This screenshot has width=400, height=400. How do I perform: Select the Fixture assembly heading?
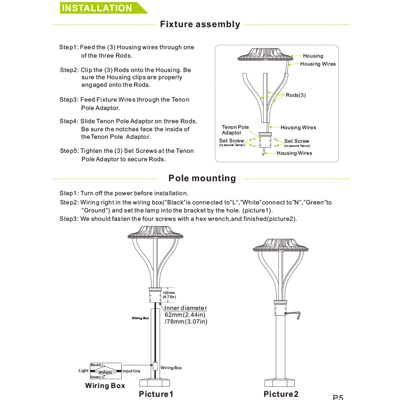point(200,24)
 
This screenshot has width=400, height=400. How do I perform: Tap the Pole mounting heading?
point(202,178)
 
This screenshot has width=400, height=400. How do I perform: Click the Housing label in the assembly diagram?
point(313,56)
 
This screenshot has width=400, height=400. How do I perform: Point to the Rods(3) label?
point(296,95)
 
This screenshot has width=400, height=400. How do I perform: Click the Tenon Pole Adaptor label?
point(235,130)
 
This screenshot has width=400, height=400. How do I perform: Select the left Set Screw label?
point(232,141)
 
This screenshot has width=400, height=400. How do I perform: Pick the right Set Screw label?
point(297,141)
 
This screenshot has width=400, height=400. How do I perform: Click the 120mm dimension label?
point(169,293)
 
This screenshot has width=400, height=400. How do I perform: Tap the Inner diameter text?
point(186,308)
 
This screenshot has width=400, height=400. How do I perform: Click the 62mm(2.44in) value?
point(185,315)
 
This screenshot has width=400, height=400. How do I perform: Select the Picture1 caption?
point(156,394)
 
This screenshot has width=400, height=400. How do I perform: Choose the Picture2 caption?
point(281,394)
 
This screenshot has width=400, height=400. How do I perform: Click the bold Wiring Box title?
point(105,386)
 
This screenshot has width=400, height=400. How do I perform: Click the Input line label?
point(131,371)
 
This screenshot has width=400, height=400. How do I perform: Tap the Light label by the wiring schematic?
point(84,371)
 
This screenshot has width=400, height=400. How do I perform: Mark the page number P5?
point(338,397)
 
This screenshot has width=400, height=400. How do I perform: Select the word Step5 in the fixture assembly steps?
point(69,151)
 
